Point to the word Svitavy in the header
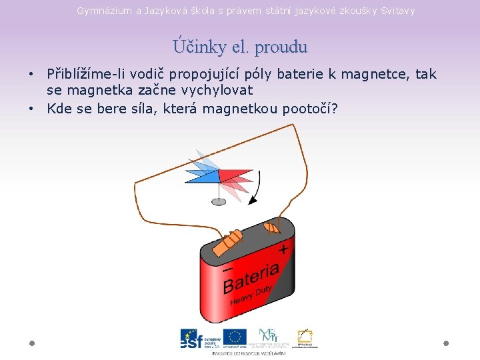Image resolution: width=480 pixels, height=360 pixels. point(397,11)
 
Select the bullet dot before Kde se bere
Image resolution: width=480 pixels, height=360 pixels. point(32,108)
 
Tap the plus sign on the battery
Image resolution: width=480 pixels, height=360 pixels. point(283,249)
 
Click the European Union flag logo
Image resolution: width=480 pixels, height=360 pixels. point(235,337)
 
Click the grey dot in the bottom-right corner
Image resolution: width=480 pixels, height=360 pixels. point(446,343)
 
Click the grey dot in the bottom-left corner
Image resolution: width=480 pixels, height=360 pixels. point(32,343)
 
